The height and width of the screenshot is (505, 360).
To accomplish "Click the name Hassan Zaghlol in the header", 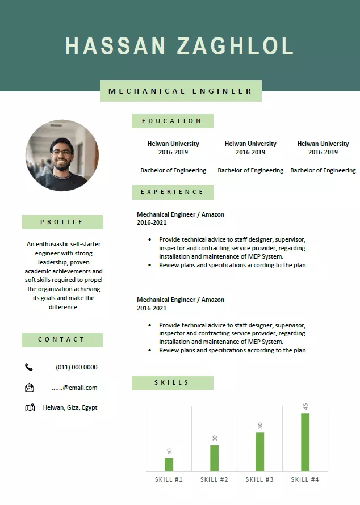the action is click(179, 45).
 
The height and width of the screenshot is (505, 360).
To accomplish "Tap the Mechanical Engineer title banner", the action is click(181, 91).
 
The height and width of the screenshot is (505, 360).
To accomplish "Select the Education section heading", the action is click(172, 121).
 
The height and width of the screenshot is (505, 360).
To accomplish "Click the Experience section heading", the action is click(173, 192).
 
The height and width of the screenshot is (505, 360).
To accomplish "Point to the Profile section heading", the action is click(62, 222).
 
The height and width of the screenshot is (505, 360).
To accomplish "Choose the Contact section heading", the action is click(62, 339).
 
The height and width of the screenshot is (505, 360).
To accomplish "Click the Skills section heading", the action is click(172, 382).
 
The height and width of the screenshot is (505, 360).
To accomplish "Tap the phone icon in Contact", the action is click(29, 367).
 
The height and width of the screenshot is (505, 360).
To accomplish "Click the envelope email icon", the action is click(30, 388).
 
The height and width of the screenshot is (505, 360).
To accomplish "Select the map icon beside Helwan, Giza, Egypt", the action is click(30, 407).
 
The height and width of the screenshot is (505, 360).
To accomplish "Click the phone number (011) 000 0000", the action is click(76, 367).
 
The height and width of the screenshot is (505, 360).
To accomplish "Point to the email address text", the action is click(74, 388).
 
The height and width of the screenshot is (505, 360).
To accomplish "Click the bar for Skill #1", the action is click(169, 464).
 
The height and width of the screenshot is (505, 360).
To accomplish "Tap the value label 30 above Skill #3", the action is click(259, 425).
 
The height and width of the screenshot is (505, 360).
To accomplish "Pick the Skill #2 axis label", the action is click(214, 479).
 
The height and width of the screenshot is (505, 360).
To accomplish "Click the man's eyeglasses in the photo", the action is click(63, 152).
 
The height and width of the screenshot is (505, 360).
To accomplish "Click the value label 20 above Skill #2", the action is click(215, 438).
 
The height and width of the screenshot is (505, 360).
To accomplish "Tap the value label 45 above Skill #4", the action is click(305, 406).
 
